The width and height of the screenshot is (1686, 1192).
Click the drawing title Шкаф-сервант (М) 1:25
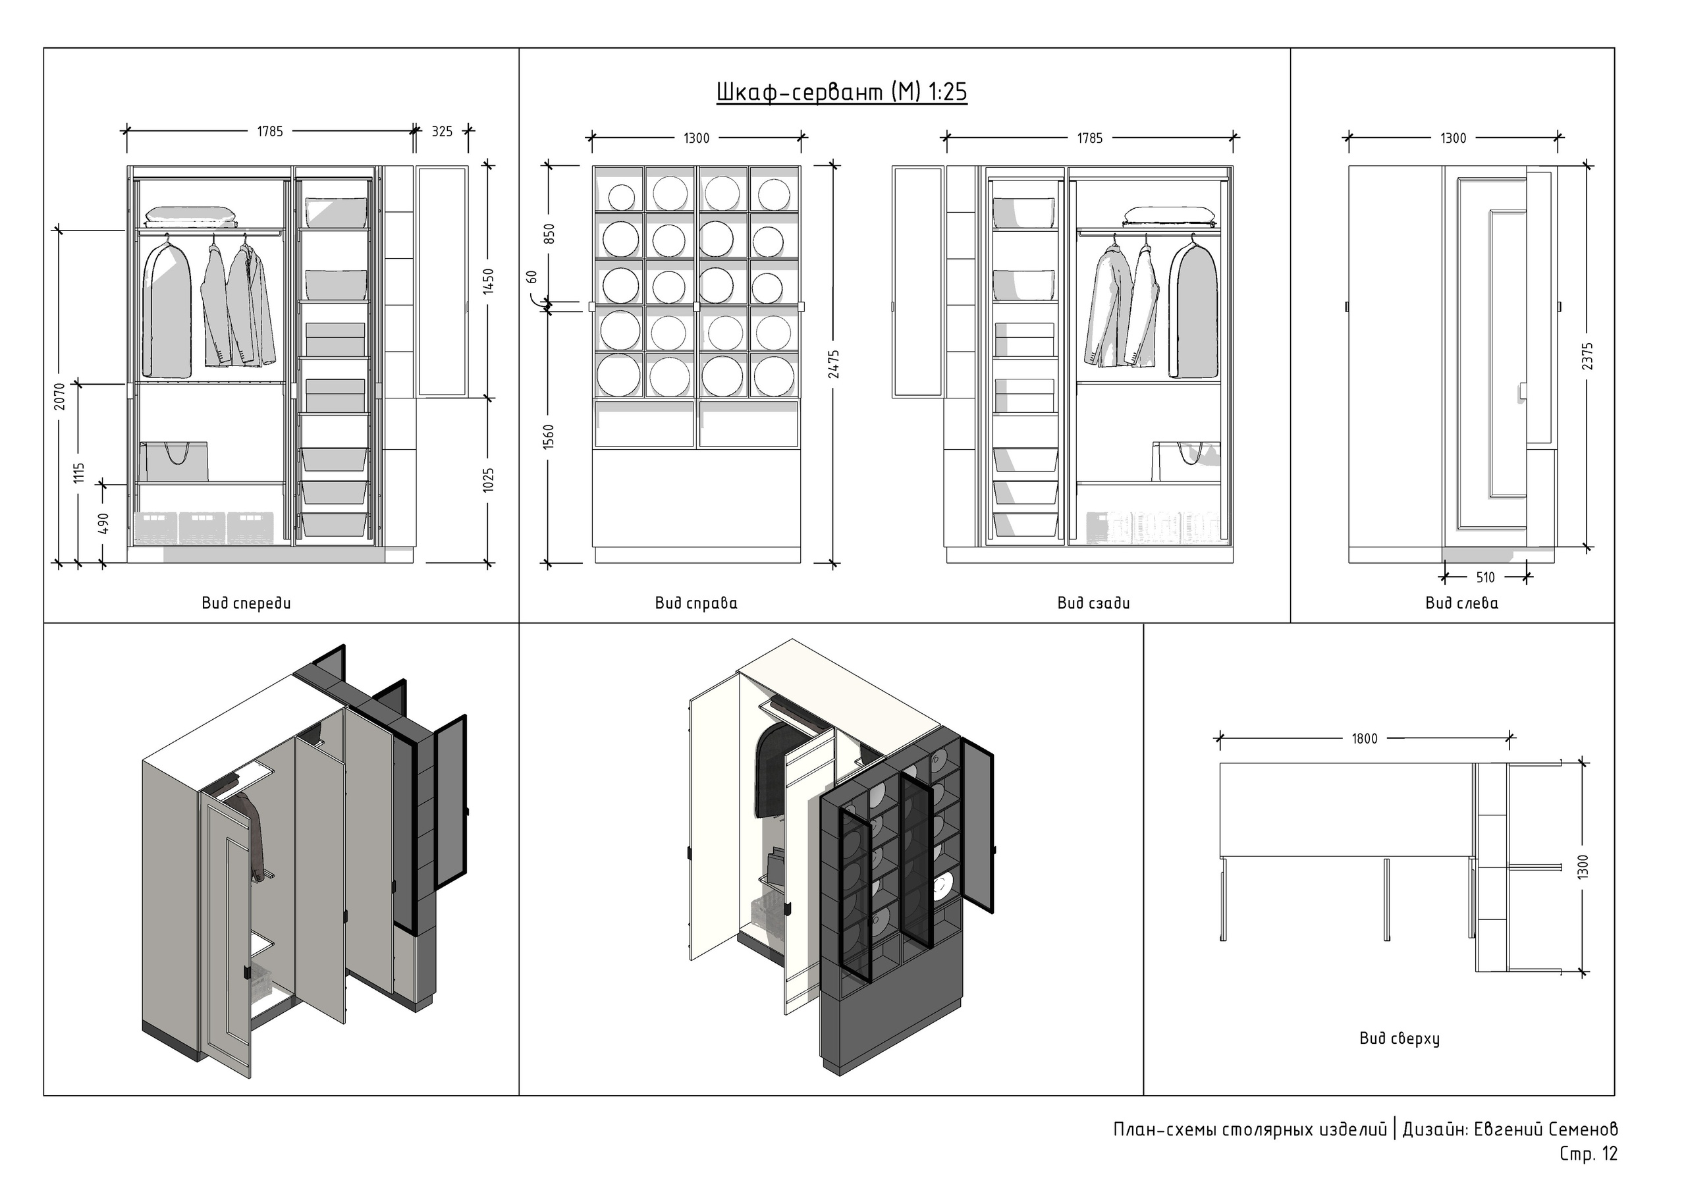[x=842, y=93]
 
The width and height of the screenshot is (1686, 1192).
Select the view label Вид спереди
[x=246, y=604]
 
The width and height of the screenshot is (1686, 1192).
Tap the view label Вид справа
[x=696, y=604]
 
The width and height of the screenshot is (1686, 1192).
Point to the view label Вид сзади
[x=1093, y=604]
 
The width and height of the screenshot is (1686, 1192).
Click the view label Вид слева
[x=1462, y=604]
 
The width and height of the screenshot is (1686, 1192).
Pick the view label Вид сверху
[x=1399, y=1039]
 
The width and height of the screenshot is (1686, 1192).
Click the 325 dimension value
[x=442, y=132]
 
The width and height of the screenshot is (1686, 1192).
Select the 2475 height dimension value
[x=834, y=364]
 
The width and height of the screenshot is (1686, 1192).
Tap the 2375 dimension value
[x=1588, y=356]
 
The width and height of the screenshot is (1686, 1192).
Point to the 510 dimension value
[x=1486, y=578]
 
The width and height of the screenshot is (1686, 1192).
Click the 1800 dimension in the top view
[x=1365, y=739]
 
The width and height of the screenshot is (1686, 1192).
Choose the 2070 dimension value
[x=60, y=396]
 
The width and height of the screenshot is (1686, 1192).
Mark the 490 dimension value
[x=103, y=524]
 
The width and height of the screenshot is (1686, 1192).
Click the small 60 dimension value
[x=531, y=277]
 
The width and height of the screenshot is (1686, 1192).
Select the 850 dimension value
[x=549, y=234]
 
